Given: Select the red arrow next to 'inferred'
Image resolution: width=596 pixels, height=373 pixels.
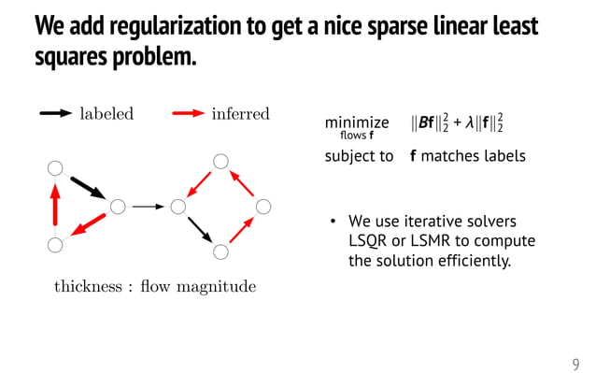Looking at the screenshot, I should point(190,114).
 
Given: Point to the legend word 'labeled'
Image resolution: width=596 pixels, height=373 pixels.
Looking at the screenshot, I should point(106,114).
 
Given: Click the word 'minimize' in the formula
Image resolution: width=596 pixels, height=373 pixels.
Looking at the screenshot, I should point(357,122).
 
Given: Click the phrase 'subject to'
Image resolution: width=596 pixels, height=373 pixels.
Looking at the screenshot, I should point(359,156).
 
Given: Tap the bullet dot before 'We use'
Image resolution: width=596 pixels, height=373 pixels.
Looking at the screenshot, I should point(331,222).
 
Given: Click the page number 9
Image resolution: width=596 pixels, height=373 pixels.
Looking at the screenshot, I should point(575,364).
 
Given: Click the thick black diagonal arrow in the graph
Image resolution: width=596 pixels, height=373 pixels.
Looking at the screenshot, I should point(88,187).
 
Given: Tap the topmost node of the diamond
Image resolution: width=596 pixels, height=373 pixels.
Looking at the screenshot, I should point(220,162).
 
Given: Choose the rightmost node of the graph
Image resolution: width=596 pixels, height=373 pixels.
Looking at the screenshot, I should point(263,206).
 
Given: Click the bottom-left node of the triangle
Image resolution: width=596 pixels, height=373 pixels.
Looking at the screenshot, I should point(55,245).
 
